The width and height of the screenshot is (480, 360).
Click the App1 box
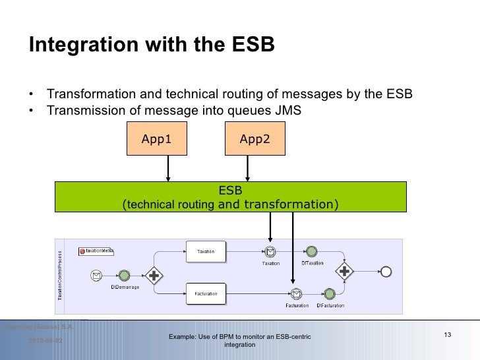[x=156, y=139]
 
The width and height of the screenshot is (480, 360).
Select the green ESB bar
[x=230, y=198]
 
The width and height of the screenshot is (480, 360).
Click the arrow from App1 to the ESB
[x=169, y=168]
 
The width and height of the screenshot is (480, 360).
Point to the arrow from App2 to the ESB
[x=248, y=168]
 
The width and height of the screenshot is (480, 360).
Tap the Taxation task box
[x=206, y=251]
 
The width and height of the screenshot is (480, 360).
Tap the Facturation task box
[x=206, y=293]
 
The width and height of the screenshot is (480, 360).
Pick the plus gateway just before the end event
[x=344, y=270]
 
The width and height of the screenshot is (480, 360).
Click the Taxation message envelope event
[x=270, y=251]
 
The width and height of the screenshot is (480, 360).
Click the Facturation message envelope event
[x=297, y=293]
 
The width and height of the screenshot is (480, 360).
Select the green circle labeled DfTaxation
[x=311, y=251]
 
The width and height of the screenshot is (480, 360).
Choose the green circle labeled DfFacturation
[x=327, y=293]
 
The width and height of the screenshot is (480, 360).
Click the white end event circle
[x=386, y=271]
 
